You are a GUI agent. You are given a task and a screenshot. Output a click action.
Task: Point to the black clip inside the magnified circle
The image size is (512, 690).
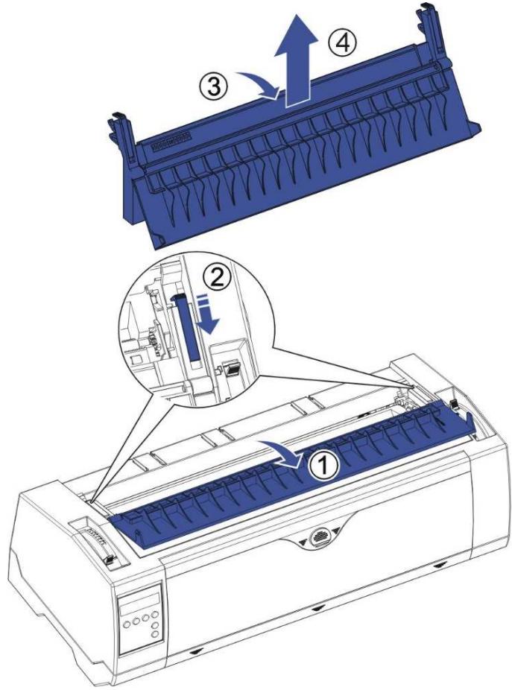coord(231,368)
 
